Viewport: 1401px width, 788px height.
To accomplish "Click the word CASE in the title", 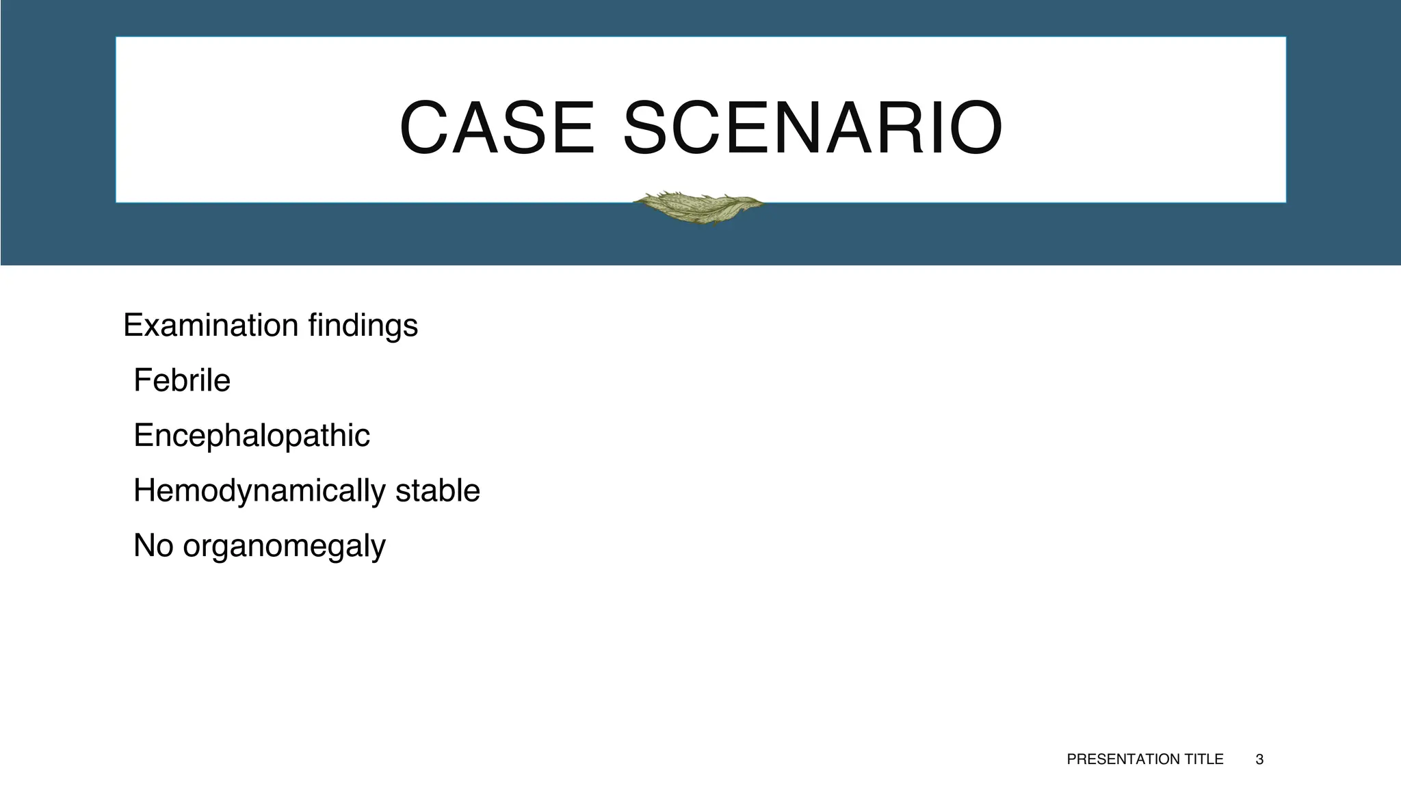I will click(497, 129).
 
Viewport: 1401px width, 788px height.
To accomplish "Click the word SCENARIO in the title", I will click(813, 129).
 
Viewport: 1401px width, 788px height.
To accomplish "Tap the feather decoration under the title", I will click(698, 207).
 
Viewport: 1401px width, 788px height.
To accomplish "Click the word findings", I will click(363, 326).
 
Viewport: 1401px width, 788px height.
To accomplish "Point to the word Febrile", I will click(182, 380).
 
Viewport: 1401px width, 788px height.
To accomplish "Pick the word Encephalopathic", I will click(252, 436).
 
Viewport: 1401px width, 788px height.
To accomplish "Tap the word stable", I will click(438, 490).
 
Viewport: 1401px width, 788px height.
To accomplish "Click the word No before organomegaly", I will click(153, 546).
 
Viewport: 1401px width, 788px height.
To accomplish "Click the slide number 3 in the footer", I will click(1259, 759).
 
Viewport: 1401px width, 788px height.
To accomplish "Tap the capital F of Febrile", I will click(142, 380).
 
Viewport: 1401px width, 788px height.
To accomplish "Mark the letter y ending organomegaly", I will click(378, 549).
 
